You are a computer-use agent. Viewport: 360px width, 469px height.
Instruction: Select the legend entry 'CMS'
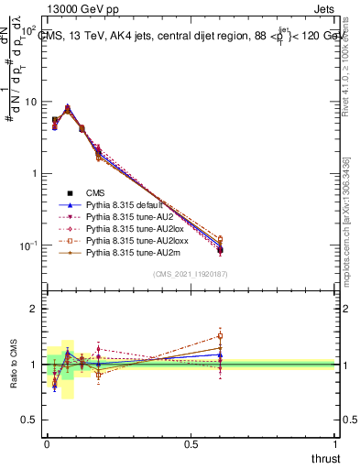coord(96,192)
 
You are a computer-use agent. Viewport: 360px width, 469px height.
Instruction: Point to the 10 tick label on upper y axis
coord(30,102)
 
